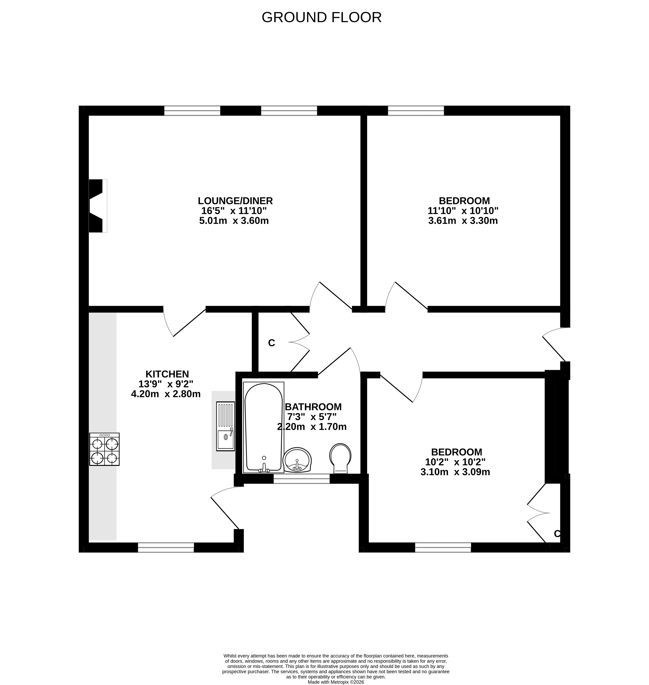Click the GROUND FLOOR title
point(321,17)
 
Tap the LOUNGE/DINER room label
point(235,201)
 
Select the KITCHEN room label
point(167,374)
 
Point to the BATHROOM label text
point(313,407)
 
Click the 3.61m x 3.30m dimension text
point(463,221)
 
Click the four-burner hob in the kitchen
point(105,449)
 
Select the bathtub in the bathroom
point(264,427)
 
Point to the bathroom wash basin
point(297,460)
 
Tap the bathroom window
point(302,479)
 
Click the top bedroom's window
point(416,111)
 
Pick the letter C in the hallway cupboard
point(272,343)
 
